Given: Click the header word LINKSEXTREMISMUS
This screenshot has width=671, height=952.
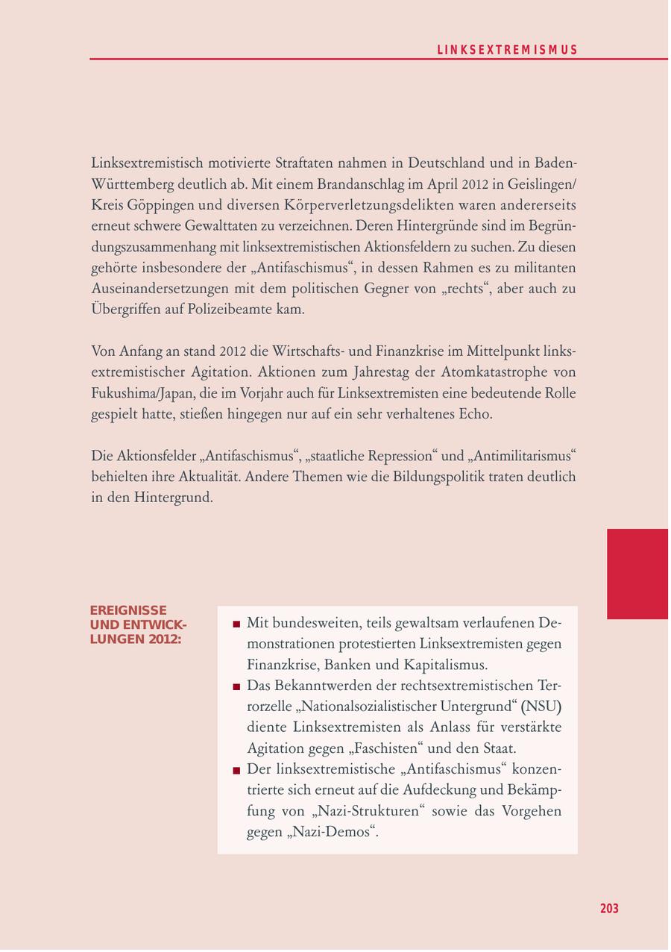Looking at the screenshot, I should (507, 50).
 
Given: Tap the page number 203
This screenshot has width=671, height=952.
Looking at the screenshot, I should (609, 909).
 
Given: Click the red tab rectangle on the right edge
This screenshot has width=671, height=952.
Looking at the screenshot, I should (637, 574).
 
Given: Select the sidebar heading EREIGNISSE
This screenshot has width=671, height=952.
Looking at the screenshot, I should (128, 610).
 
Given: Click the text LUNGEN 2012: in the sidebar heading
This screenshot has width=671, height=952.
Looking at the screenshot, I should (135, 639).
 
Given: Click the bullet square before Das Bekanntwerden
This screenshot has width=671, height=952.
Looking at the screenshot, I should (236, 686).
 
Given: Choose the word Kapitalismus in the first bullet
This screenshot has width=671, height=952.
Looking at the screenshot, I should (445, 664).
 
